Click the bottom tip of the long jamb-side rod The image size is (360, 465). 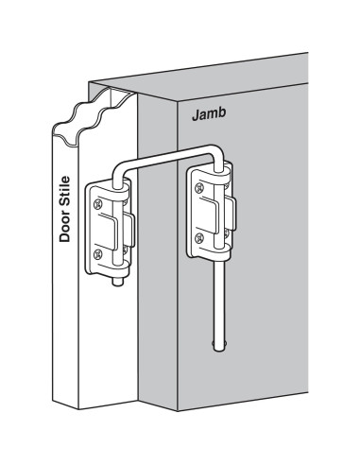coord(219,346)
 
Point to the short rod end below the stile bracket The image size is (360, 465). coord(116,282)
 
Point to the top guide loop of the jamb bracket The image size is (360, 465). coord(219,180)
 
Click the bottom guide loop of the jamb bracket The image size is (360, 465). coord(220,249)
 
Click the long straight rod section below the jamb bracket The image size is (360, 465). coord(220,302)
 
